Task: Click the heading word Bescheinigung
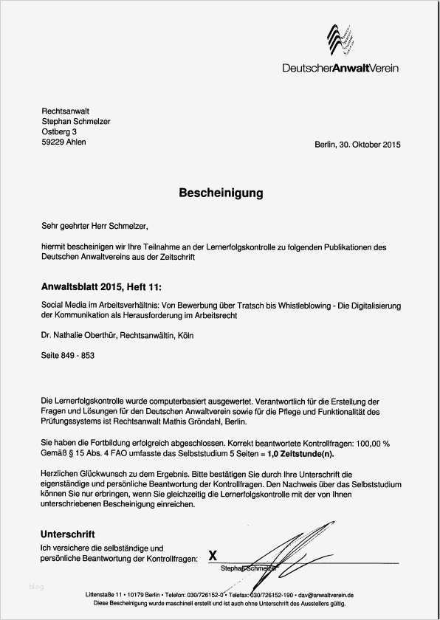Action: point(220,193)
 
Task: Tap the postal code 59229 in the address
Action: point(53,142)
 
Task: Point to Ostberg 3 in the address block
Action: point(59,131)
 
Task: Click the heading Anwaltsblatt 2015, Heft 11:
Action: point(100,285)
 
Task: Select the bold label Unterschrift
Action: point(68,533)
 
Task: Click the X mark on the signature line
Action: point(213,555)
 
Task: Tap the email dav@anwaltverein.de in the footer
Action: point(326,594)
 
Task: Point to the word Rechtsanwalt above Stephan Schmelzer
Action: point(66,111)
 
